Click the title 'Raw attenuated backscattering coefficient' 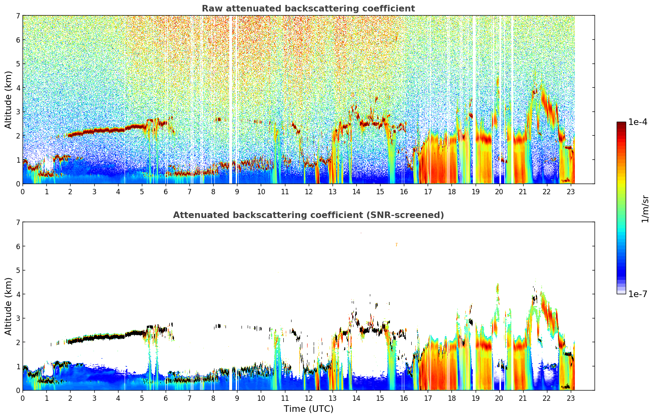(x=308, y=9)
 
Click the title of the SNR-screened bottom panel (x=308, y=215)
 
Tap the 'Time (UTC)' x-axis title (x=308, y=409)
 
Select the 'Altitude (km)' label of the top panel (x=9, y=100)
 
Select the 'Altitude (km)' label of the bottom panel (x=9, y=306)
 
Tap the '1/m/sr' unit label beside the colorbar (x=645, y=209)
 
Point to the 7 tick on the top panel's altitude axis (x=18, y=16)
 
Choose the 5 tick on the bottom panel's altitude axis (x=18, y=270)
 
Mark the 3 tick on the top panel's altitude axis (x=18, y=112)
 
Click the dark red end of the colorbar (x=621, y=124)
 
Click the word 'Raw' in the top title (x=210, y=9)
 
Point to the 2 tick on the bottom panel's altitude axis (x=18, y=342)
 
